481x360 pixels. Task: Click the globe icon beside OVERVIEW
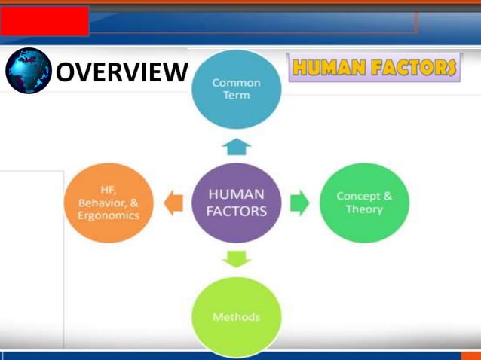(29, 71)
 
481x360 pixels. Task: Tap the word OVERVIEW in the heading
(121, 72)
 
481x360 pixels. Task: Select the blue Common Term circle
(236, 89)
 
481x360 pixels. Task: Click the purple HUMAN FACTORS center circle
(236, 202)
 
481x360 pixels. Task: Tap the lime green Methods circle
(236, 316)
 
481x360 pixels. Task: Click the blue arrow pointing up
(236, 147)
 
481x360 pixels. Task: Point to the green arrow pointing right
(299, 202)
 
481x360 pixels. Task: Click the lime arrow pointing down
(236, 258)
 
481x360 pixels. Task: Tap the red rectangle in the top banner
(44, 22)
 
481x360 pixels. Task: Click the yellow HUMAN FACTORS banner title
(374, 68)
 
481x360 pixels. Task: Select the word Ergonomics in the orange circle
(109, 215)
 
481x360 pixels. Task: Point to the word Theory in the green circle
(364, 209)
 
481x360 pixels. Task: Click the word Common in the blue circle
(236, 82)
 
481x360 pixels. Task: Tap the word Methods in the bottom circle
(236, 317)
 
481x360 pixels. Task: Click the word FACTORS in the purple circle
(236, 212)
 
